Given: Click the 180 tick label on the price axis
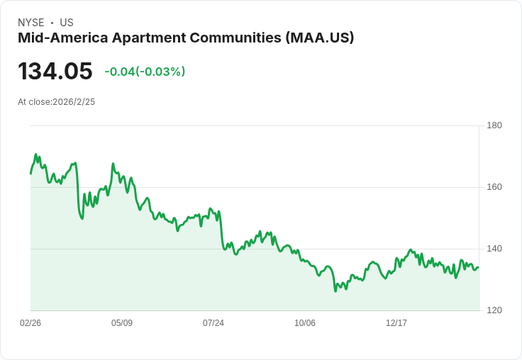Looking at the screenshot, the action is point(494,125).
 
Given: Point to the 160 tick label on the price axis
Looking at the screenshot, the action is point(494,187).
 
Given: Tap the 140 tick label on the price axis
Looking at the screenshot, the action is point(494,249).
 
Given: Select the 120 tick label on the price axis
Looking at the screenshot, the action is point(494,310).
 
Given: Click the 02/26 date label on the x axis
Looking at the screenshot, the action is point(30,322).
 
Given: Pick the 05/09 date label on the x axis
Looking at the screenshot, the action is point(122,322).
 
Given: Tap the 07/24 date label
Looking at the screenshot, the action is point(213,322).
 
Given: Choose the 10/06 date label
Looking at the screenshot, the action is point(305,322).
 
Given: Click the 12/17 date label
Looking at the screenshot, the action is point(396,322).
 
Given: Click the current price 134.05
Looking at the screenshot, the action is point(55,71).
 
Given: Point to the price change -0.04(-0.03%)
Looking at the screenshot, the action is point(145,72).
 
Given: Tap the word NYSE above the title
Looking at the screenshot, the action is point(31,23).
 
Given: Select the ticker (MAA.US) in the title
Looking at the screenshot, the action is point(320,38).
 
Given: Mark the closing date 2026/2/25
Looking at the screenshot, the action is point(74,102).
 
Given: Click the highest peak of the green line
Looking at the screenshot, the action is point(36,154).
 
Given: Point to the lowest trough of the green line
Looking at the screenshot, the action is point(335,291).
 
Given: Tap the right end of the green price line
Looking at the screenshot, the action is point(479,267).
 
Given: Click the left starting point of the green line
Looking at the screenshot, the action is point(30,174).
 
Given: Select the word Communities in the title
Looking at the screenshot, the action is point(236,38).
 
